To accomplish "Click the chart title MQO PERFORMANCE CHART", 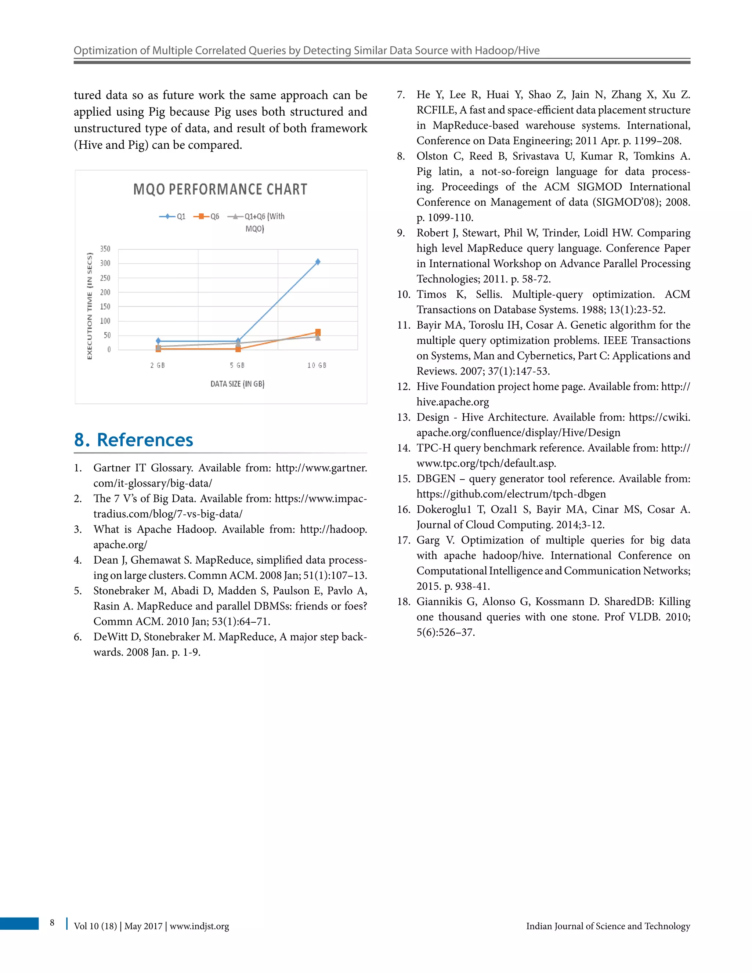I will pos(220,189).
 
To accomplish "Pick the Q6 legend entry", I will pos(207,217).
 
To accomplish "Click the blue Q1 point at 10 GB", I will pos(318,262).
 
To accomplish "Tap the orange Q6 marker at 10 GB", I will pos(318,332).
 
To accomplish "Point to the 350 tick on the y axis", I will pos(105,249).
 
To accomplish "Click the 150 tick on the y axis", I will pos(105,307).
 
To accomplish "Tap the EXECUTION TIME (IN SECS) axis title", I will pos(90,306).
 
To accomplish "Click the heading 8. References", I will pos(134,440).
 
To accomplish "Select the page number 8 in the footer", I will pos(52,923).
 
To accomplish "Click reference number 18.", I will pos(403,602).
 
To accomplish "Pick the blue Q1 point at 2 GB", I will pos(158,341).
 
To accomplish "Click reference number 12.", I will pos(403,387).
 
